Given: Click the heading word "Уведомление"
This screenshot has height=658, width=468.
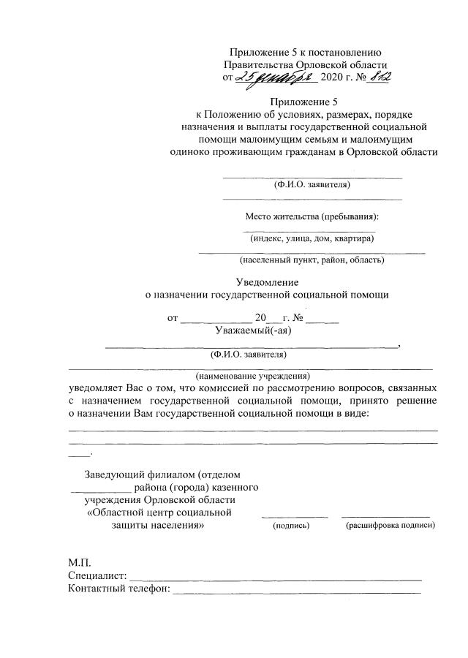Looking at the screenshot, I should coord(268,282).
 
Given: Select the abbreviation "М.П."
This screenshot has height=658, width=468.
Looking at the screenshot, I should coord(80,563).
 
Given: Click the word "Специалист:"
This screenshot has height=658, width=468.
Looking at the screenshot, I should coord(97,576).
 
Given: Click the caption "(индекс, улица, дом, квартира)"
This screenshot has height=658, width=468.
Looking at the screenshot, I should coord(312,238).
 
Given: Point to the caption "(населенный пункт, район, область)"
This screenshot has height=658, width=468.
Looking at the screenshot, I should coord(312,260).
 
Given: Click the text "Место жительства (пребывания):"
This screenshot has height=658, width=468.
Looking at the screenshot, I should coord(312,217).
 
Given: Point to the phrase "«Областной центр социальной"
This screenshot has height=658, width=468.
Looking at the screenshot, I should coord(159,512).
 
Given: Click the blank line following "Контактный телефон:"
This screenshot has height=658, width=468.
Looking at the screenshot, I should coord(295,591).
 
